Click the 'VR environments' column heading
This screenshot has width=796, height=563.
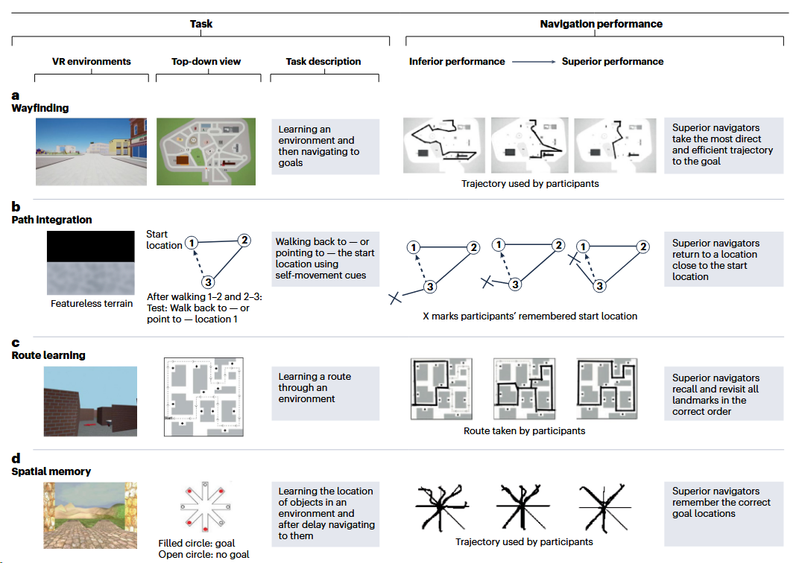(x=92, y=61)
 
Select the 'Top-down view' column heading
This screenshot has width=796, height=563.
(x=206, y=61)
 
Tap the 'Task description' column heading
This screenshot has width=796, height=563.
(x=323, y=61)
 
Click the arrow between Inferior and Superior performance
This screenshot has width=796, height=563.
(x=534, y=62)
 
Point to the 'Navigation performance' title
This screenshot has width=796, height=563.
(x=601, y=24)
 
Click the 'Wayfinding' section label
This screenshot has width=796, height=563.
(x=40, y=108)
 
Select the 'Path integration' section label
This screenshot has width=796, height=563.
(x=51, y=220)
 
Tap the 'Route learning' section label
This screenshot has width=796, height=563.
(x=48, y=355)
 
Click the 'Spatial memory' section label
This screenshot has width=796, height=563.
(x=51, y=471)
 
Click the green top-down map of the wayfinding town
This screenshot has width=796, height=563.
(x=206, y=152)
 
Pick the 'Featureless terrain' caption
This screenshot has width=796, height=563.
(x=92, y=303)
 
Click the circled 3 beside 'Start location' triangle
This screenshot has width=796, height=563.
(x=208, y=282)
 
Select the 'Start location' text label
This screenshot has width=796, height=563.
(x=163, y=240)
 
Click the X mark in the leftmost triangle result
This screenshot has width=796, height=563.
(x=395, y=298)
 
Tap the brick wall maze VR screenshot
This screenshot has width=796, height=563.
(x=90, y=401)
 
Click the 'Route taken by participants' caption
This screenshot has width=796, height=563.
(x=524, y=430)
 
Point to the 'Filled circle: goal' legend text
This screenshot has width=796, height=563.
(x=197, y=543)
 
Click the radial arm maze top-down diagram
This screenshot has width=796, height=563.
(x=206, y=506)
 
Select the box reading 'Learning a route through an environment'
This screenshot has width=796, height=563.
(x=326, y=393)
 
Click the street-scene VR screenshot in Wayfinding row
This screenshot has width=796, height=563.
(x=92, y=152)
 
